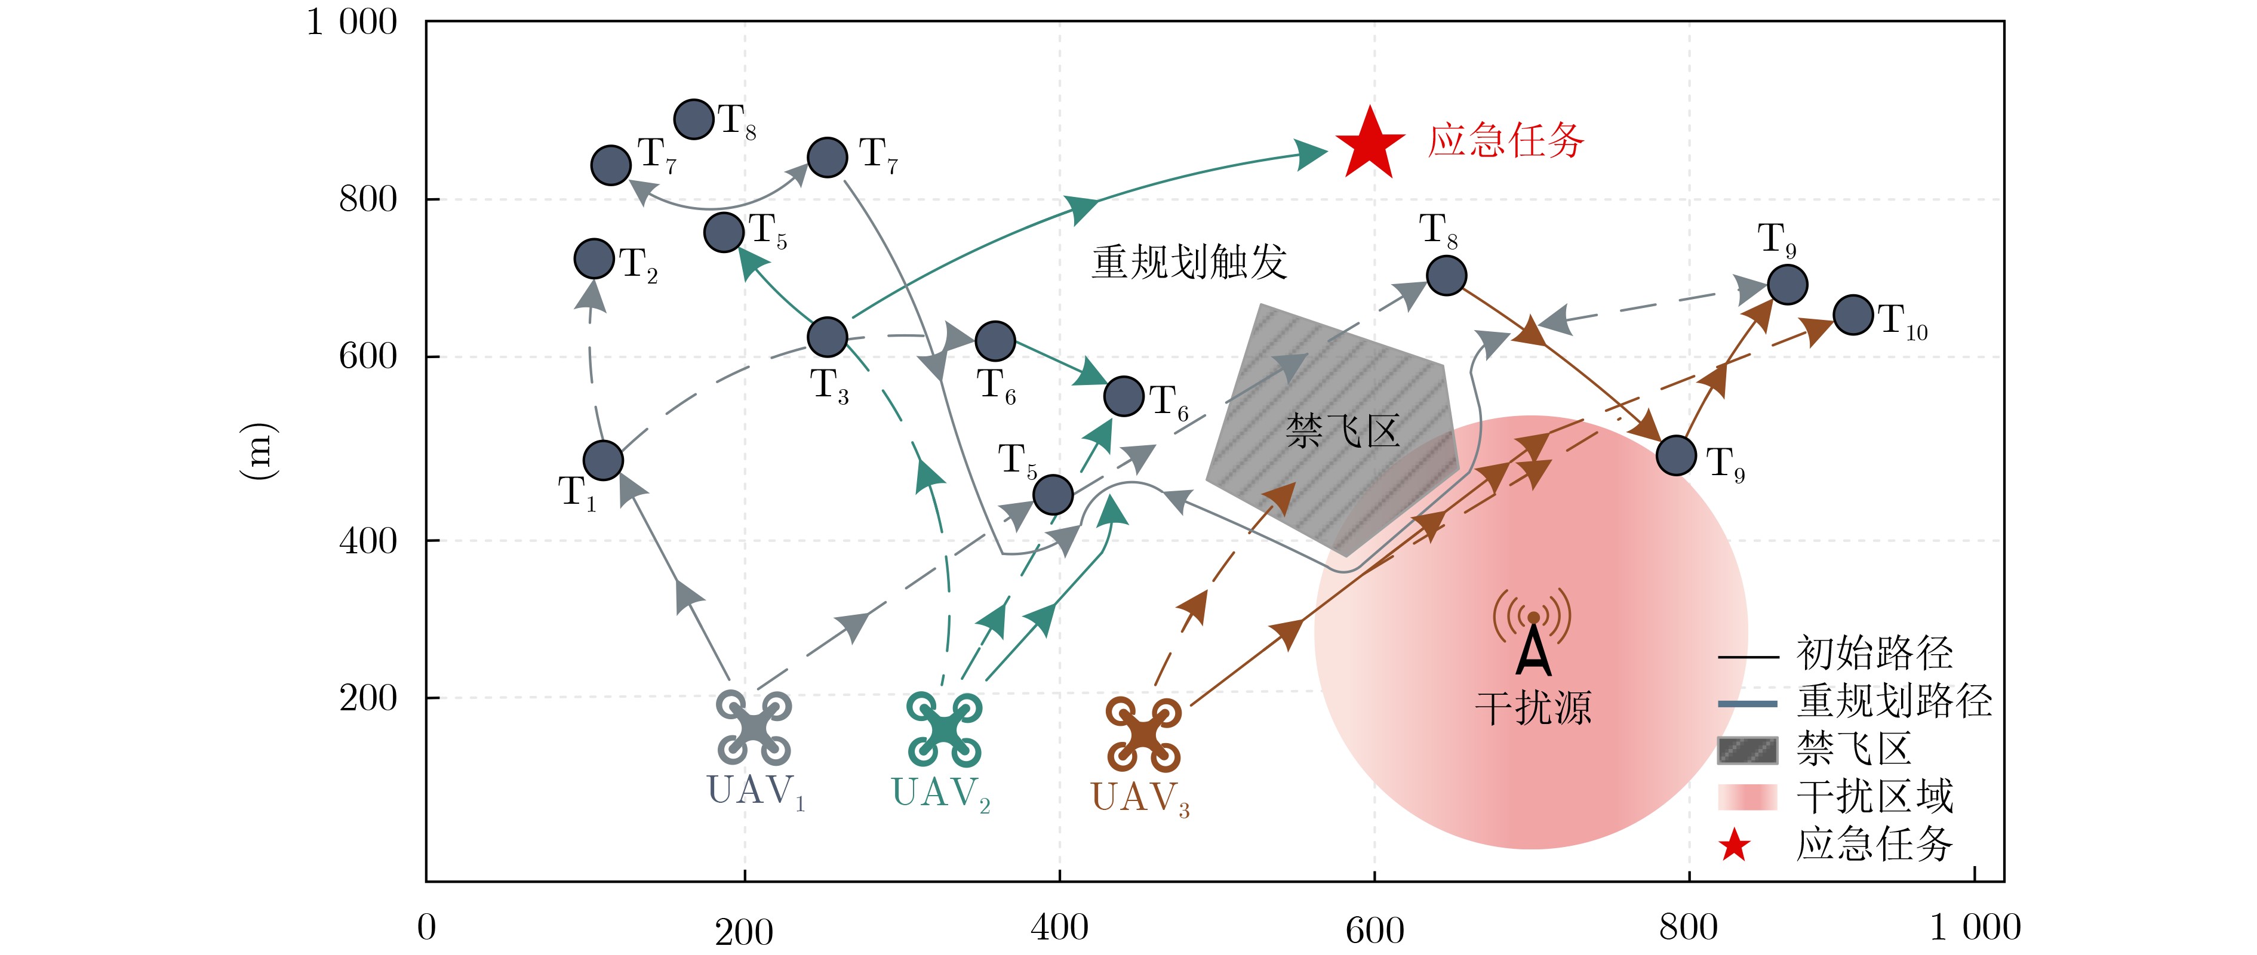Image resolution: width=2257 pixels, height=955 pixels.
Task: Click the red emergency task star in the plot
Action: (x=1370, y=144)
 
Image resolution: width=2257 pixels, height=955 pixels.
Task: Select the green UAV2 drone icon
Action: (x=943, y=729)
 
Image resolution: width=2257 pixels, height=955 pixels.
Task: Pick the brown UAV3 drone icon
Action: (x=1142, y=734)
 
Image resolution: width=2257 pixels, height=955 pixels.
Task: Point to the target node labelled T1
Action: (x=603, y=461)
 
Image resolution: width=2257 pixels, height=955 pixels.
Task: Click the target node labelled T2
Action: (x=594, y=258)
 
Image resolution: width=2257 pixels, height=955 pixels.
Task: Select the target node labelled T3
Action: (x=827, y=337)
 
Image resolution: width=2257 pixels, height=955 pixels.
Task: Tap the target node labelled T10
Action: (x=1853, y=315)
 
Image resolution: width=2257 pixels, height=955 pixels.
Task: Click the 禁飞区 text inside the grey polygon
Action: (x=1342, y=431)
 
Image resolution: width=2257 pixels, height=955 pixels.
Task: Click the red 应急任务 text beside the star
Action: (x=1506, y=140)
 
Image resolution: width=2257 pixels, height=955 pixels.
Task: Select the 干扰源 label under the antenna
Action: (x=1533, y=708)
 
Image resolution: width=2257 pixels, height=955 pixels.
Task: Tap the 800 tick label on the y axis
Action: (x=368, y=199)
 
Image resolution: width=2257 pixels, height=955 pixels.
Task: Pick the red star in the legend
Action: (x=1734, y=846)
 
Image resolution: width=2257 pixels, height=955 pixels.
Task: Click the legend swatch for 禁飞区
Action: (x=1747, y=751)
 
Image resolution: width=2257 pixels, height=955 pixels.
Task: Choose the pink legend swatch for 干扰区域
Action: (x=1747, y=797)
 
